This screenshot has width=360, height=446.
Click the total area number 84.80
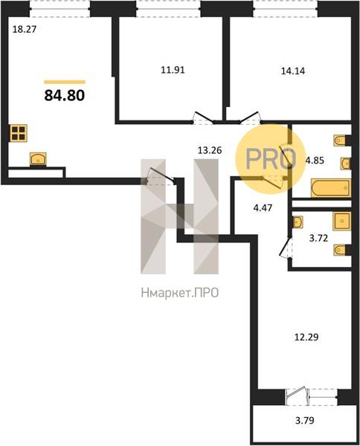(65, 95)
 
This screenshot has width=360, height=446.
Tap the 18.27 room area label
(25, 29)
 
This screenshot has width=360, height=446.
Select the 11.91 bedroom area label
(173, 70)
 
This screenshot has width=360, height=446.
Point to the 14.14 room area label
(293, 71)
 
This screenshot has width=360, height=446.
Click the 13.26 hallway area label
(210, 150)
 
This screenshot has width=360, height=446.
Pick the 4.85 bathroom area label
(315, 161)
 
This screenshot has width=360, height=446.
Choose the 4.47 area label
(263, 208)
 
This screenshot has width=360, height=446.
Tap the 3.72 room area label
(318, 238)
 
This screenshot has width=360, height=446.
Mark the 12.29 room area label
(306, 337)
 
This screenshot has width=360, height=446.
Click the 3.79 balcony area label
(304, 420)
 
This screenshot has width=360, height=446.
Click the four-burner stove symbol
(19, 133)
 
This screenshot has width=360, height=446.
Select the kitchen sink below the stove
(38, 159)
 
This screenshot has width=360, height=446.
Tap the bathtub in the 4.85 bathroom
(331, 188)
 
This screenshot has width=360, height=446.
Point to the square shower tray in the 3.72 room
(342, 221)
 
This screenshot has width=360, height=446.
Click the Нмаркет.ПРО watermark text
(180, 293)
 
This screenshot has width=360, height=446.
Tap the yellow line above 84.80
(65, 83)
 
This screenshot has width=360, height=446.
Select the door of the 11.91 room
(204, 117)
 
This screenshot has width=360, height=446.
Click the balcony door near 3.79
(298, 395)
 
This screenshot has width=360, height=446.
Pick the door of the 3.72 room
(286, 247)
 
